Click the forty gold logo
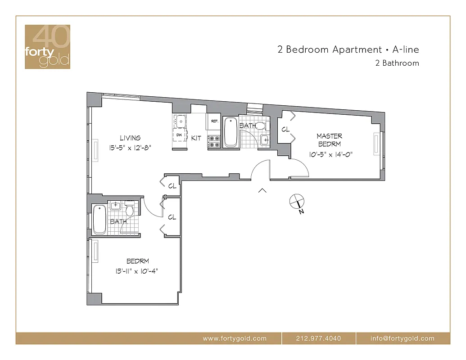[47, 47]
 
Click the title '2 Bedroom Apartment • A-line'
[348, 49]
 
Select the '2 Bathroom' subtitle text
[397, 63]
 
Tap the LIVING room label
[130, 138]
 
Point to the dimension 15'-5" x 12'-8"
[129, 148]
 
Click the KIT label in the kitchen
[196, 138]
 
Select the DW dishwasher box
[180, 135]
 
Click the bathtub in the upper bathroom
[231, 132]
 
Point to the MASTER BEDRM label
[329, 140]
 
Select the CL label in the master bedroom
[285, 129]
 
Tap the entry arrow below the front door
[262, 191]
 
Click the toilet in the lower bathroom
[129, 210]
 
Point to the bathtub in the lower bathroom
[100, 219]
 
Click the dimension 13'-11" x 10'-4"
[138, 271]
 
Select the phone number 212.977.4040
[319, 338]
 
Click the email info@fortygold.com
[402, 338]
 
